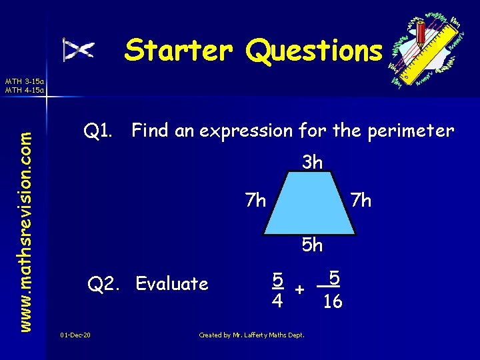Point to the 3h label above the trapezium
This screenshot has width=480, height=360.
click(x=312, y=162)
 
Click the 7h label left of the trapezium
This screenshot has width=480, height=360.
click(x=256, y=200)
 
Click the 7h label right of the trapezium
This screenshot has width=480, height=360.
click(x=361, y=200)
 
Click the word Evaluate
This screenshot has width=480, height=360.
click(x=172, y=284)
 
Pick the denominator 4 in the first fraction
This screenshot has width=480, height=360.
click(x=277, y=301)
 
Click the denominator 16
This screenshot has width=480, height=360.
click(x=332, y=303)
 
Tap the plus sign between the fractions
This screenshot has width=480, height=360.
click(x=301, y=290)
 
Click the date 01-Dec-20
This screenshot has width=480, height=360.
click(x=75, y=334)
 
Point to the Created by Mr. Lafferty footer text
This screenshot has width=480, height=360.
click(x=252, y=335)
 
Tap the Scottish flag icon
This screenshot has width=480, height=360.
click(x=79, y=50)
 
